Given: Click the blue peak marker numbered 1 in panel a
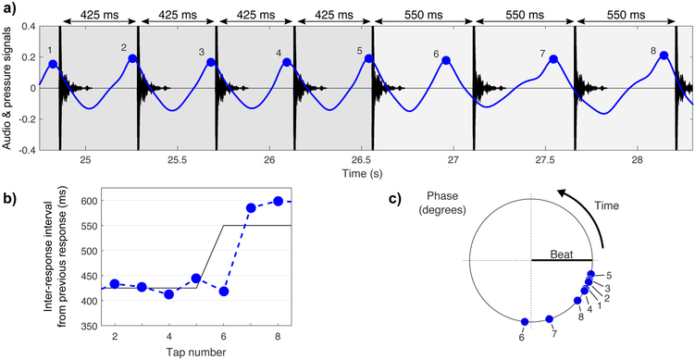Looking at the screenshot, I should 53,65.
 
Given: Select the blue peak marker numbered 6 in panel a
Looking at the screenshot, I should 446,61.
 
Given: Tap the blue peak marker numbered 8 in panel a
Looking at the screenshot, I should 664,56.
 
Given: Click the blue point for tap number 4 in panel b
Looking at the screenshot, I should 168,294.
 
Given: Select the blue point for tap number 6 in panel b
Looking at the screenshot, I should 223,292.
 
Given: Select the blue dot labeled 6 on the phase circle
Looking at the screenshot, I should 525,322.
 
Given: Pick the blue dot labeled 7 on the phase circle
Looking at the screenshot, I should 550,319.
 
